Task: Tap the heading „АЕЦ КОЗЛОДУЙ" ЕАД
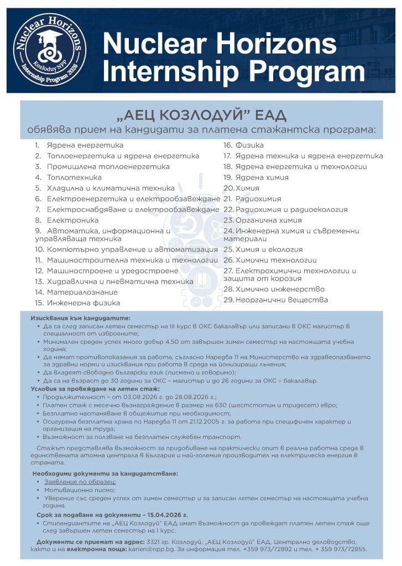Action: (x=202, y=115)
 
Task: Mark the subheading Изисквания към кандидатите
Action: (x=81, y=318)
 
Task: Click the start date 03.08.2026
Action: (x=129, y=396)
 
